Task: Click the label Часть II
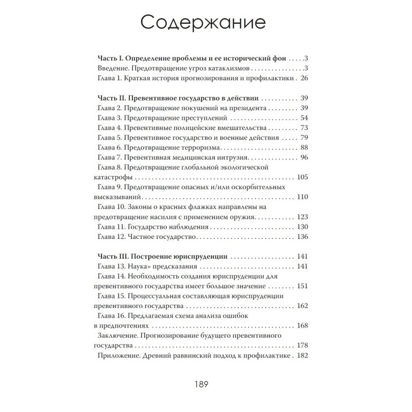(111, 98)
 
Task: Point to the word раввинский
(193, 355)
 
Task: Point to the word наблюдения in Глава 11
(187, 227)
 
